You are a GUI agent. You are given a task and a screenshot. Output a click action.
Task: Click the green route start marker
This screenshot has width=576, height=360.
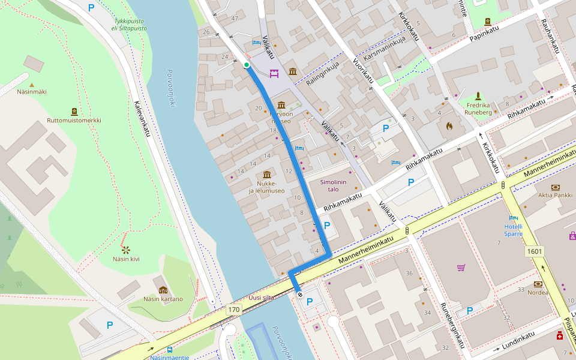pyautogui.click(x=247, y=65)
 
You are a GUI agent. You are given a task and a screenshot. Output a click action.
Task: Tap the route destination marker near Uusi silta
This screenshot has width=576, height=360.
pyautogui.click(x=299, y=294)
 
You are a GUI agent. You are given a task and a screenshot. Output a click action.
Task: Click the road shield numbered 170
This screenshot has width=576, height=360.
pyautogui.click(x=233, y=310)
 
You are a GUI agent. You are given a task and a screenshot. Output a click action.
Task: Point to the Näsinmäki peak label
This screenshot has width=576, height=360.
pyautogui.click(x=32, y=92)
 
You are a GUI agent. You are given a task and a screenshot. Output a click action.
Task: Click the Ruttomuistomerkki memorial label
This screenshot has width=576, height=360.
pyautogui.click(x=74, y=120)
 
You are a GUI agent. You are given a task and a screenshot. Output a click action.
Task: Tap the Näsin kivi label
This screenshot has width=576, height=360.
pyautogui.click(x=126, y=259)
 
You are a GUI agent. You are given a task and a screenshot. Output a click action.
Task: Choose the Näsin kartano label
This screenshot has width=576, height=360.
pyautogui.click(x=163, y=299)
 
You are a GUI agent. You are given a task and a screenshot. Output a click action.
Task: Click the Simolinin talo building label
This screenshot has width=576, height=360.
pyautogui.click(x=334, y=185)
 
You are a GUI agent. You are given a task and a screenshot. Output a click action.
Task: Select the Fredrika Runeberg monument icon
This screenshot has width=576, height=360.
pyautogui.click(x=478, y=96)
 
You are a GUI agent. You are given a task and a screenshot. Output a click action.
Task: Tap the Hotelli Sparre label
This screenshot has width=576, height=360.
pyautogui.click(x=513, y=230)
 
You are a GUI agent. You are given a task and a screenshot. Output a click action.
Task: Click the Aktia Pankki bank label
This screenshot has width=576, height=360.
pyautogui.click(x=554, y=195)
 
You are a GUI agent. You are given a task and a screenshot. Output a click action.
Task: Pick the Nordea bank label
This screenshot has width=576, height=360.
pyautogui.click(x=538, y=293)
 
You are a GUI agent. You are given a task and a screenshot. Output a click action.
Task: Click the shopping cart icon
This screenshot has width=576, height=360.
pyautogui.click(x=461, y=268)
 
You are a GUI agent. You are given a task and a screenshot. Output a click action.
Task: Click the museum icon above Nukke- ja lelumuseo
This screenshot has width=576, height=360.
pyautogui.click(x=266, y=174)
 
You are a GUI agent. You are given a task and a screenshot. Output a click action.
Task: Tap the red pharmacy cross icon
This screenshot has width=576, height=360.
pyautogui.click(x=560, y=337)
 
